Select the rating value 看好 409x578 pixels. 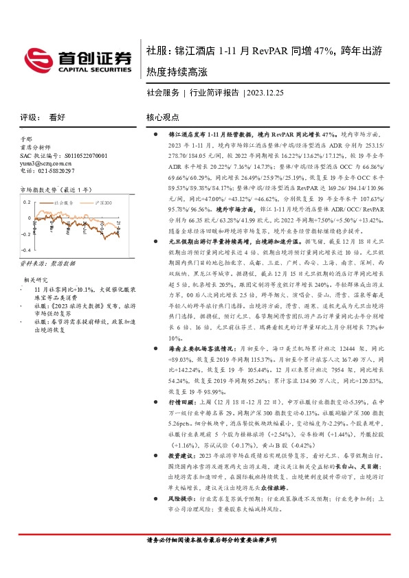[57, 117]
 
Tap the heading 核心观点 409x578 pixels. [162, 117]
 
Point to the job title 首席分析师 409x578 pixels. [34, 147]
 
